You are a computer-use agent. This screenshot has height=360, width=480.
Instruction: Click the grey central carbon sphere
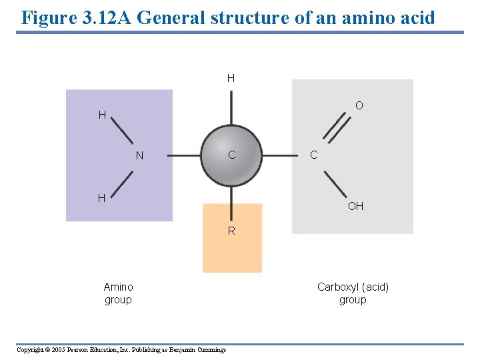[x=231, y=155]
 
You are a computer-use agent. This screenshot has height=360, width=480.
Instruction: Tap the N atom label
[x=139, y=156]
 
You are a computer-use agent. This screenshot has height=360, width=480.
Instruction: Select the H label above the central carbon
[x=231, y=79]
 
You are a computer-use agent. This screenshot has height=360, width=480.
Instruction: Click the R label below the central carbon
[x=231, y=231]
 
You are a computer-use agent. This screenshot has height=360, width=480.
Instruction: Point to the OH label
[x=355, y=207]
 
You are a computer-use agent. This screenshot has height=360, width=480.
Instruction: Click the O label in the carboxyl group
[x=359, y=106]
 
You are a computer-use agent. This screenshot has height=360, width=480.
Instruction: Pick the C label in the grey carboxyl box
[x=313, y=155]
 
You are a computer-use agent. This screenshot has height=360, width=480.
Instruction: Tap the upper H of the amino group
[x=102, y=115]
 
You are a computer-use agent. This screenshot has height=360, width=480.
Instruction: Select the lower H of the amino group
[x=102, y=198]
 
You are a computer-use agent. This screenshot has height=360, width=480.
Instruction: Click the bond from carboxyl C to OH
[x=336, y=183]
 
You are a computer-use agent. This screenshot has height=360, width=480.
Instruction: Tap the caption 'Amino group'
[x=118, y=293]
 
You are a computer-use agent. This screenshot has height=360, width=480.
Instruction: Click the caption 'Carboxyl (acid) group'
[x=353, y=293]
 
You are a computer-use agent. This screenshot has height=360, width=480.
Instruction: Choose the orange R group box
[x=232, y=253]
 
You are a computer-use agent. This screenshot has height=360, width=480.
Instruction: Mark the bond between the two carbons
[x=280, y=155]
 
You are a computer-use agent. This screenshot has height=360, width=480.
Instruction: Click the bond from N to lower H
[x=121, y=181]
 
